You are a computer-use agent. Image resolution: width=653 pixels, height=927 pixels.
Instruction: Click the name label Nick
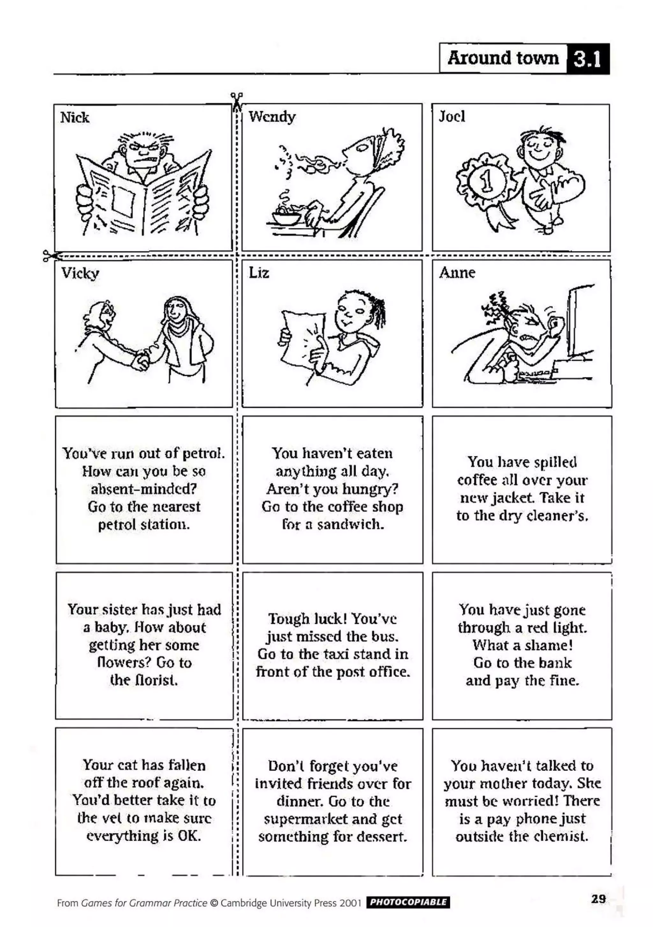point(75,118)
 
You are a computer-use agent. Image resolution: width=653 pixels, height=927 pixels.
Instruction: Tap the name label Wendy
point(272,117)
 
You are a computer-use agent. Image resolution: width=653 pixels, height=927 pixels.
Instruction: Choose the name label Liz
point(259,273)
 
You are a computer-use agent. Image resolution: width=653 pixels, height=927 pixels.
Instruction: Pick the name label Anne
point(457,273)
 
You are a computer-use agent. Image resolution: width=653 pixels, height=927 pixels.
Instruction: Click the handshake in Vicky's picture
point(141,360)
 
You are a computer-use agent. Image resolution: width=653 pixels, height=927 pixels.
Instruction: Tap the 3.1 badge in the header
point(588,59)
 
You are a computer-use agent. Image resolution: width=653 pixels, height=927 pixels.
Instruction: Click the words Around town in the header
point(503,58)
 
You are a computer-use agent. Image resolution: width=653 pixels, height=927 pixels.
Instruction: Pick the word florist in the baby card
point(144,680)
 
